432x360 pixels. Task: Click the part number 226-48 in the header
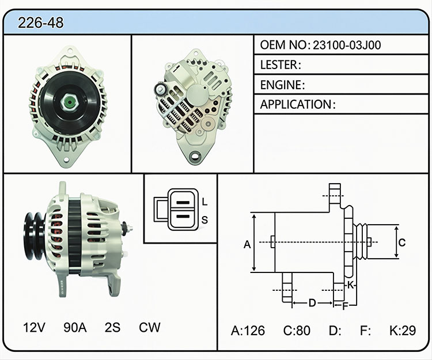click(x=40, y=22)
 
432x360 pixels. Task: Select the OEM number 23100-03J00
click(x=347, y=45)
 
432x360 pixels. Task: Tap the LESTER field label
click(x=281, y=65)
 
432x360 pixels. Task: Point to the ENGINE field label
click(x=282, y=85)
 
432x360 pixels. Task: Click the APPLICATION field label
click(x=298, y=104)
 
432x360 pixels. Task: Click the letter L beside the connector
click(x=204, y=202)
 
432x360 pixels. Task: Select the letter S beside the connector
click(x=204, y=220)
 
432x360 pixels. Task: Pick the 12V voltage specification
click(x=34, y=328)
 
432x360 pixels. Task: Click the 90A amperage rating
click(x=75, y=328)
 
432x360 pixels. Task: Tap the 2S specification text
click(x=112, y=328)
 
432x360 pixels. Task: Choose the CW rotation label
click(x=149, y=328)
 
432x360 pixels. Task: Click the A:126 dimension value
click(x=248, y=331)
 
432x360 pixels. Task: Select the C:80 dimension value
click(x=297, y=331)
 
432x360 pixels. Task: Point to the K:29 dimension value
click(x=403, y=331)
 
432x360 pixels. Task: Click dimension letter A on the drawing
click(x=247, y=244)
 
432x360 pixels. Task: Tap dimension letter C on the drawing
click(x=402, y=242)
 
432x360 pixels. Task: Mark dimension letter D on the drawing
click(x=312, y=303)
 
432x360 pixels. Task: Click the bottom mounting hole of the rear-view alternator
click(x=195, y=157)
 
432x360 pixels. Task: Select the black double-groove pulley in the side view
click(x=35, y=236)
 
